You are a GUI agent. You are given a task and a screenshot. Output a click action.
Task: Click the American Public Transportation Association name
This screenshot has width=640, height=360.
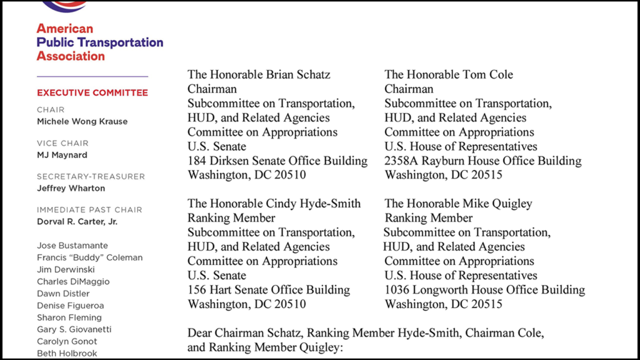(99, 42)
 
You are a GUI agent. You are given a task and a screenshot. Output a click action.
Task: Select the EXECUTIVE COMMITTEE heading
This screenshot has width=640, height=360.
(92, 93)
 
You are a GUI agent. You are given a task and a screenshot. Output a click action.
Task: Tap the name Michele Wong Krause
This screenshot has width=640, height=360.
(82, 121)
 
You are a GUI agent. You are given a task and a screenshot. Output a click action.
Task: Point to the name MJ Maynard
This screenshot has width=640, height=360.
(62, 155)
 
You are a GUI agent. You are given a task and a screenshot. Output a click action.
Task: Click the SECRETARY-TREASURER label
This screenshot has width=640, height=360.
(91, 176)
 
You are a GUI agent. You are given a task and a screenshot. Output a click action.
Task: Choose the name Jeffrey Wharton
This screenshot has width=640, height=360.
(71, 188)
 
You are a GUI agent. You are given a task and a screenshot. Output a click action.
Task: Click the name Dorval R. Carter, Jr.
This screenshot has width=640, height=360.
(77, 221)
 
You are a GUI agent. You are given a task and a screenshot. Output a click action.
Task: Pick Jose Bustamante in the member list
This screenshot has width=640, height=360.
(72, 246)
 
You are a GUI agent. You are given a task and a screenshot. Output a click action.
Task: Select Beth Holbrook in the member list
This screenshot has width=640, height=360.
(67, 353)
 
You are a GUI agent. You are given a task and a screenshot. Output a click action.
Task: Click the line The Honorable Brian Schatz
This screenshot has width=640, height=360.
(259, 74)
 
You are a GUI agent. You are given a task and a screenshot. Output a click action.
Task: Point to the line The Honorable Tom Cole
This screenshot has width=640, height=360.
(448, 74)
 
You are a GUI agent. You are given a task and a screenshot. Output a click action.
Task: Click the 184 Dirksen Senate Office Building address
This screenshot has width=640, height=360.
(277, 161)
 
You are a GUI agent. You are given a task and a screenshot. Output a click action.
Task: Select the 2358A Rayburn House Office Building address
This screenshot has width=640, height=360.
(482, 161)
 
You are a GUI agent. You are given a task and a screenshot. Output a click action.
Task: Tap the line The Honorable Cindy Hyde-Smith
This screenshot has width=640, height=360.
(274, 203)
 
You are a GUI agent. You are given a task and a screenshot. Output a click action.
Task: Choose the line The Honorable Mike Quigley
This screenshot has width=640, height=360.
(458, 203)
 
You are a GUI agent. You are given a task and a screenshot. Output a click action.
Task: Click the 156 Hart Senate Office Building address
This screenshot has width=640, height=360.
(269, 290)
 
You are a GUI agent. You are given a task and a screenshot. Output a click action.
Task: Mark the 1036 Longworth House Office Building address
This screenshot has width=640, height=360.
(484, 290)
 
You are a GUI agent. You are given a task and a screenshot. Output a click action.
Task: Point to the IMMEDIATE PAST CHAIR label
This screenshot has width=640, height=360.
(89, 210)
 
